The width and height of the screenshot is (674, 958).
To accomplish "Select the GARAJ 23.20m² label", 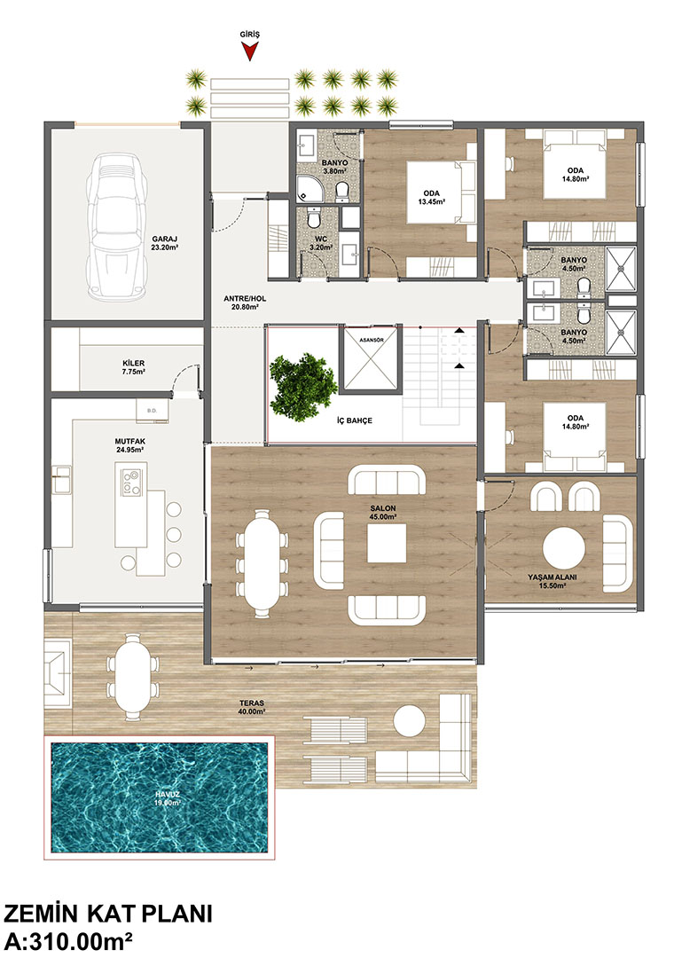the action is [165, 243].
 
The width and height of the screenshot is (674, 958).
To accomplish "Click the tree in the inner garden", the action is [302, 388].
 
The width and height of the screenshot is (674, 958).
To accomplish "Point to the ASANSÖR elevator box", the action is [371, 360].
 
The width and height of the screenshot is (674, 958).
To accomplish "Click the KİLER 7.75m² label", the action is [134, 366].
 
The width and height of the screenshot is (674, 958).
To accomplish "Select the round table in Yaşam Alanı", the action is [563, 548].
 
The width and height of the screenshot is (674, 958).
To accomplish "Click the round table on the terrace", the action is [409, 722].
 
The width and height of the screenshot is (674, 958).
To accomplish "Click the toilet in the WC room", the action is [314, 217].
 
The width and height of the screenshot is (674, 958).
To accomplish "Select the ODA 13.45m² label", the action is [431, 197].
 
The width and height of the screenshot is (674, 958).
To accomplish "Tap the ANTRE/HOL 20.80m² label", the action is [245, 302].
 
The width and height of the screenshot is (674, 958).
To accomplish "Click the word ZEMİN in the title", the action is [41, 914].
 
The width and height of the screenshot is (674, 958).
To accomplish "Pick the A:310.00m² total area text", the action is [68, 940].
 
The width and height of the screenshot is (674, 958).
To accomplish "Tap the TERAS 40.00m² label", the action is [252, 707].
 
